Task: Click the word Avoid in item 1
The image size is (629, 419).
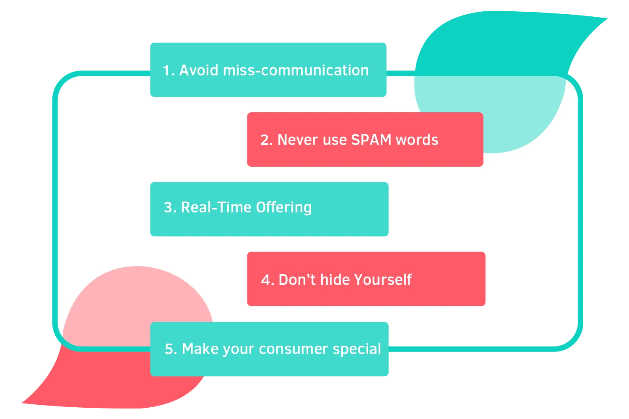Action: coord(198,70)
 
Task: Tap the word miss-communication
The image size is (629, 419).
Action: coord(296,70)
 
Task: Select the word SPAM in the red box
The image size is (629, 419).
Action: coord(371,140)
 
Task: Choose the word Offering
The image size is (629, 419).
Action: coord(283,208)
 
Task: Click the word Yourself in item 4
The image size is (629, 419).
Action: coord(383,279)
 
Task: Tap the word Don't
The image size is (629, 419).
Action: coord(297,279)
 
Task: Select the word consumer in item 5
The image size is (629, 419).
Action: coord(294,349)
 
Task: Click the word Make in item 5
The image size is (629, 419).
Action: coord(200,349)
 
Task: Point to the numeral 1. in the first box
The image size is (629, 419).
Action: coord(169,70)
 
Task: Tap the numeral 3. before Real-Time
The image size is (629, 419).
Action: coord(170,208)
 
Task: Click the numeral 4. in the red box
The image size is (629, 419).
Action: coord(268,280)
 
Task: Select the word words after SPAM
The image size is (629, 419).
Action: coord(417,140)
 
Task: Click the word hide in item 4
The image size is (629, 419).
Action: coord(335,279)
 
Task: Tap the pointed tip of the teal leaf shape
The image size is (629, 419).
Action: coord(607,18)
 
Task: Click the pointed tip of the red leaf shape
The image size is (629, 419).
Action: coord(22,403)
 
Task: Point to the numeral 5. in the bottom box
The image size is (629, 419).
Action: coord(171,349)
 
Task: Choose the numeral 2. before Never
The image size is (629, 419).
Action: coord(266,140)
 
